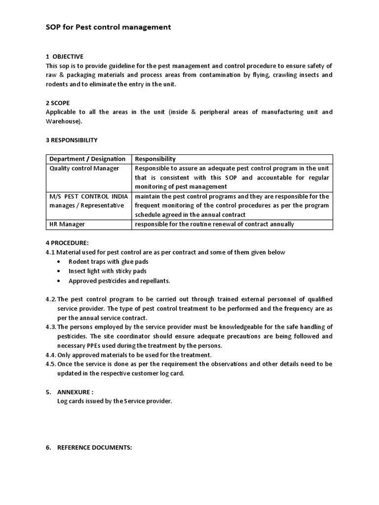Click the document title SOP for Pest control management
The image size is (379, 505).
pos(108,27)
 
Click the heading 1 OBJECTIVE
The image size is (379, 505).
pos(65,57)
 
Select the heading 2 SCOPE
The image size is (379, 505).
pos(58,103)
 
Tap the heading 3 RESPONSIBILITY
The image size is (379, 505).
pos(72,140)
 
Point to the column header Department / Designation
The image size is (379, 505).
pos(87,159)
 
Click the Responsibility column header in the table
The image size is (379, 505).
pos(155,159)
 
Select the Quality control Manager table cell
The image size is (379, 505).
pos(84,168)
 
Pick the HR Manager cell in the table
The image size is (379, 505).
pos(67,224)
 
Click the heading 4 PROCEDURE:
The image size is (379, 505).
pos(67,243)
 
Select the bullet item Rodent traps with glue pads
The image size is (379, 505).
pos(108,261)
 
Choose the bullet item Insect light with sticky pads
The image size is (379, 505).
pos(107,271)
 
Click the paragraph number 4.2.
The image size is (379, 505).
pos(51,299)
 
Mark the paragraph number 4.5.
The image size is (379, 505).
pos(51,364)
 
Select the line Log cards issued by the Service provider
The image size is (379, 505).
pos(114,401)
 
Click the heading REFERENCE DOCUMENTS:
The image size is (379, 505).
pos(94,447)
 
